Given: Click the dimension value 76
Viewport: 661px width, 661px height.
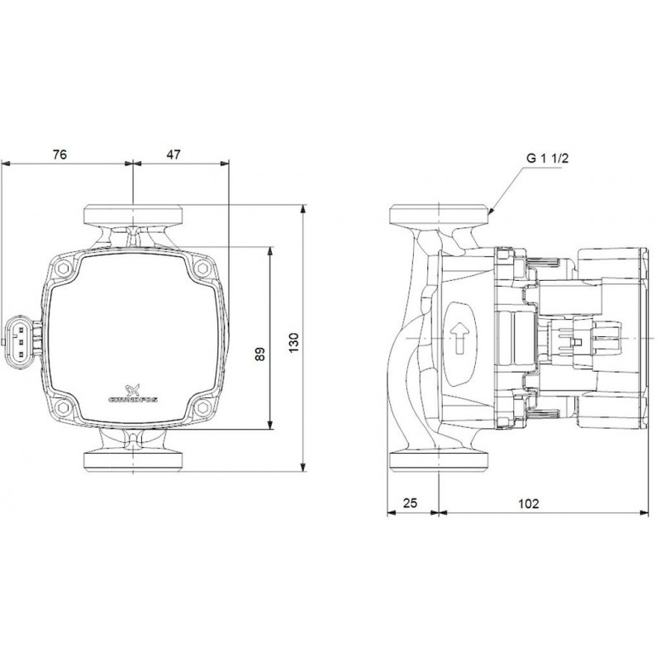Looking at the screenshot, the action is click(x=59, y=155).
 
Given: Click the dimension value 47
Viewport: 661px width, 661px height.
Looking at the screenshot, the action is click(x=174, y=155).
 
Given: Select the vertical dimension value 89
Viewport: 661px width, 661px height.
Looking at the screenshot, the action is click(x=260, y=354).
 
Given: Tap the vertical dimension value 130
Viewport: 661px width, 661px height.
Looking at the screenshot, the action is click(x=294, y=343).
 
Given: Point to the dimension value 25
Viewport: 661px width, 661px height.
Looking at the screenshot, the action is click(x=410, y=503).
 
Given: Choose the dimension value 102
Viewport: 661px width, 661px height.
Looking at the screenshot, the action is click(x=528, y=503).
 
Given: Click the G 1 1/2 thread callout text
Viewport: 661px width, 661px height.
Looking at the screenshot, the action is click(x=548, y=158).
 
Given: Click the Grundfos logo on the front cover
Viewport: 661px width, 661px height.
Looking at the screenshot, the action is click(x=133, y=393).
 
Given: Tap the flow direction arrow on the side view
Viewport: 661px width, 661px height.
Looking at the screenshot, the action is click(x=459, y=338).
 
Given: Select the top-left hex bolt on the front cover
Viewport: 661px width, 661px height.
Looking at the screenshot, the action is click(x=64, y=268).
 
